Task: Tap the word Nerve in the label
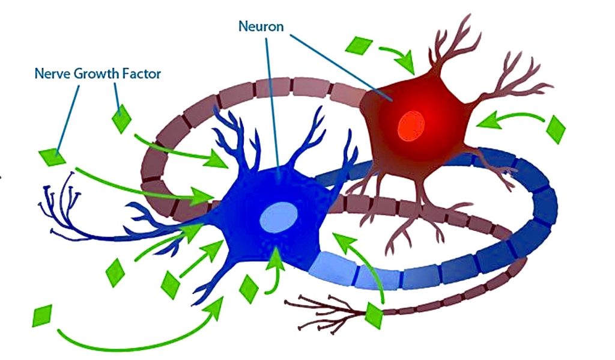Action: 49,75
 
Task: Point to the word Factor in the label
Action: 143,75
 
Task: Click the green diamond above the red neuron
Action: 360,46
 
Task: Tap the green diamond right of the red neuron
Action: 556,129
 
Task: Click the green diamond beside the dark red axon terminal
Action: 374,316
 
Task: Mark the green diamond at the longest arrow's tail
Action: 42,315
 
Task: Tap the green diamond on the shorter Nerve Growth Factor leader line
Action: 121,118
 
